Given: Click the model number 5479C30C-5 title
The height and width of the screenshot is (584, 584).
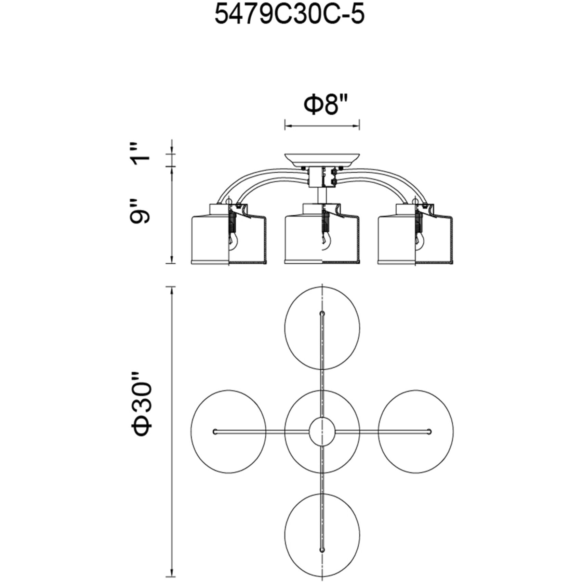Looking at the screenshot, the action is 289,15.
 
